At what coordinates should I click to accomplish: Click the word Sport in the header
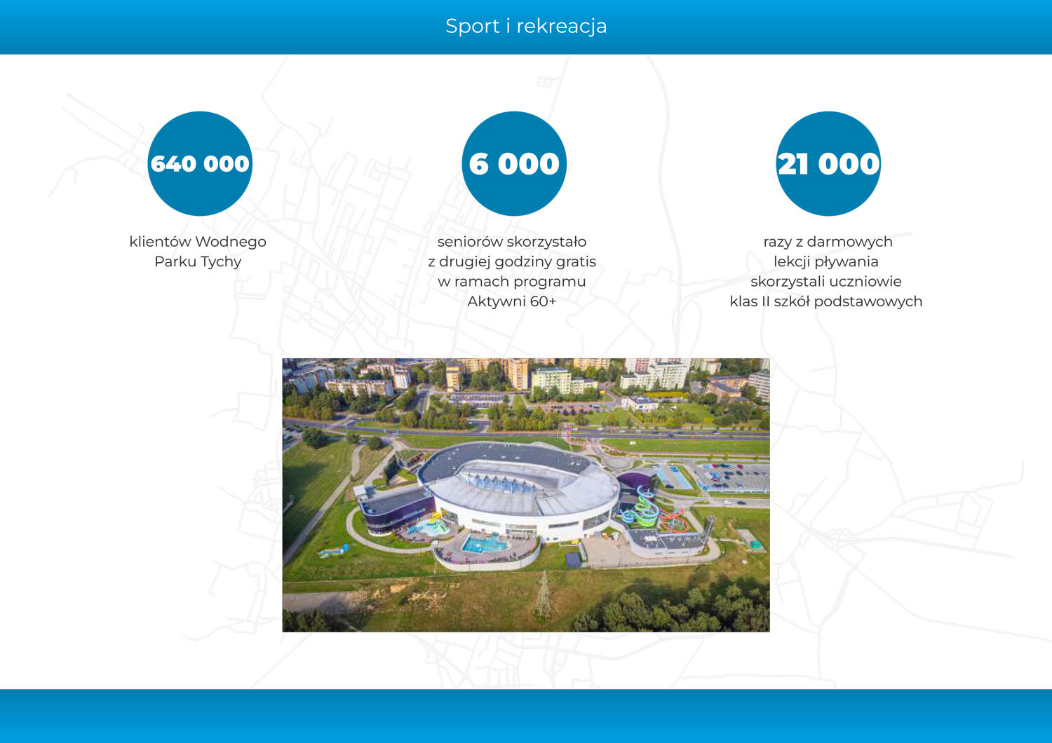(472, 26)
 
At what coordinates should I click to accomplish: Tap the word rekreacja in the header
(561, 26)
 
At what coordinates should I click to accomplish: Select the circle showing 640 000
(200, 163)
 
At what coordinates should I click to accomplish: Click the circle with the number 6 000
(514, 163)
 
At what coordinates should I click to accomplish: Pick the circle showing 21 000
(828, 163)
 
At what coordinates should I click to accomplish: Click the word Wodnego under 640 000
(231, 242)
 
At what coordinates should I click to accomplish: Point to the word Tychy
(220, 262)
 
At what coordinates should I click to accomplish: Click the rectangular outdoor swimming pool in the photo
(485, 543)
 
